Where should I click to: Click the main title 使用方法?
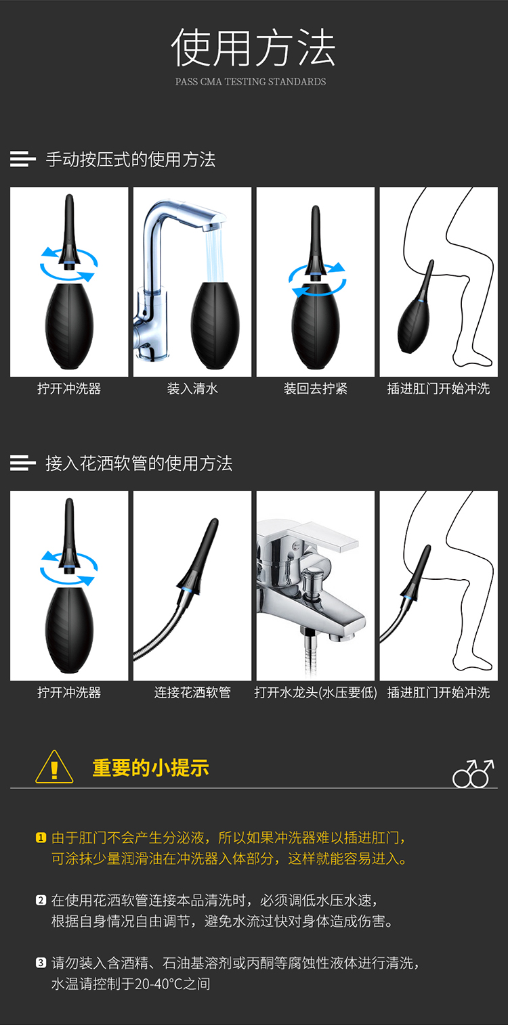click(253, 47)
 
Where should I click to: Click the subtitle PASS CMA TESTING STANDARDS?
click(251, 82)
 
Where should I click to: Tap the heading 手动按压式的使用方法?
click(131, 160)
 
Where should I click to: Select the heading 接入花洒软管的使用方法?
click(139, 463)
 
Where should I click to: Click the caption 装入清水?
click(192, 389)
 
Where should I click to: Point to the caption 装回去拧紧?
click(316, 389)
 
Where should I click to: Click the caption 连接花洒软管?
click(192, 692)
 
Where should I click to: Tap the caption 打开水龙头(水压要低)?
click(316, 692)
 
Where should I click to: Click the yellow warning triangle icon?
click(54, 767)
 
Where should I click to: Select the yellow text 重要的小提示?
click(150, 768)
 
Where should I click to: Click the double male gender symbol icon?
click(473, 773)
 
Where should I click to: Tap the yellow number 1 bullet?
click(41, 838)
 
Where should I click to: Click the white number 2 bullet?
click(41, 900)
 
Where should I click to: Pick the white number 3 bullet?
click(41, 962)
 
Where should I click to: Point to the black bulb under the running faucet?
click(215, 325)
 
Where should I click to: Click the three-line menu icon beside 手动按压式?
click(23, 159)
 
